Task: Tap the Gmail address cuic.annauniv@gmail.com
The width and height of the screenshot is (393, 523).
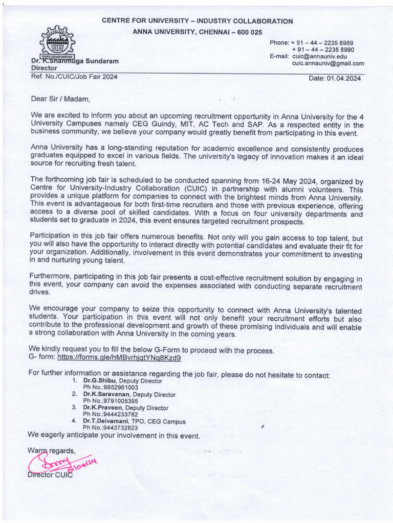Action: pos(328,64)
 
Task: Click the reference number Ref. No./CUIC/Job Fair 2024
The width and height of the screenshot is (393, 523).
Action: pos(74,77)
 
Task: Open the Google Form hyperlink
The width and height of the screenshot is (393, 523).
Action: pos(119,358)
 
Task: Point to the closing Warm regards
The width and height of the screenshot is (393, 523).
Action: pos(51,450)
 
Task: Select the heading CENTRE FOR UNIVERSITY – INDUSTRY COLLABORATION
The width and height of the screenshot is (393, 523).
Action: pos(197,21)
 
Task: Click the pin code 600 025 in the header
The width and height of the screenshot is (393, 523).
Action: pos(247,32)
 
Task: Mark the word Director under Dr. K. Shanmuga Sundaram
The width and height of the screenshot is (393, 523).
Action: pos(44,67)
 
